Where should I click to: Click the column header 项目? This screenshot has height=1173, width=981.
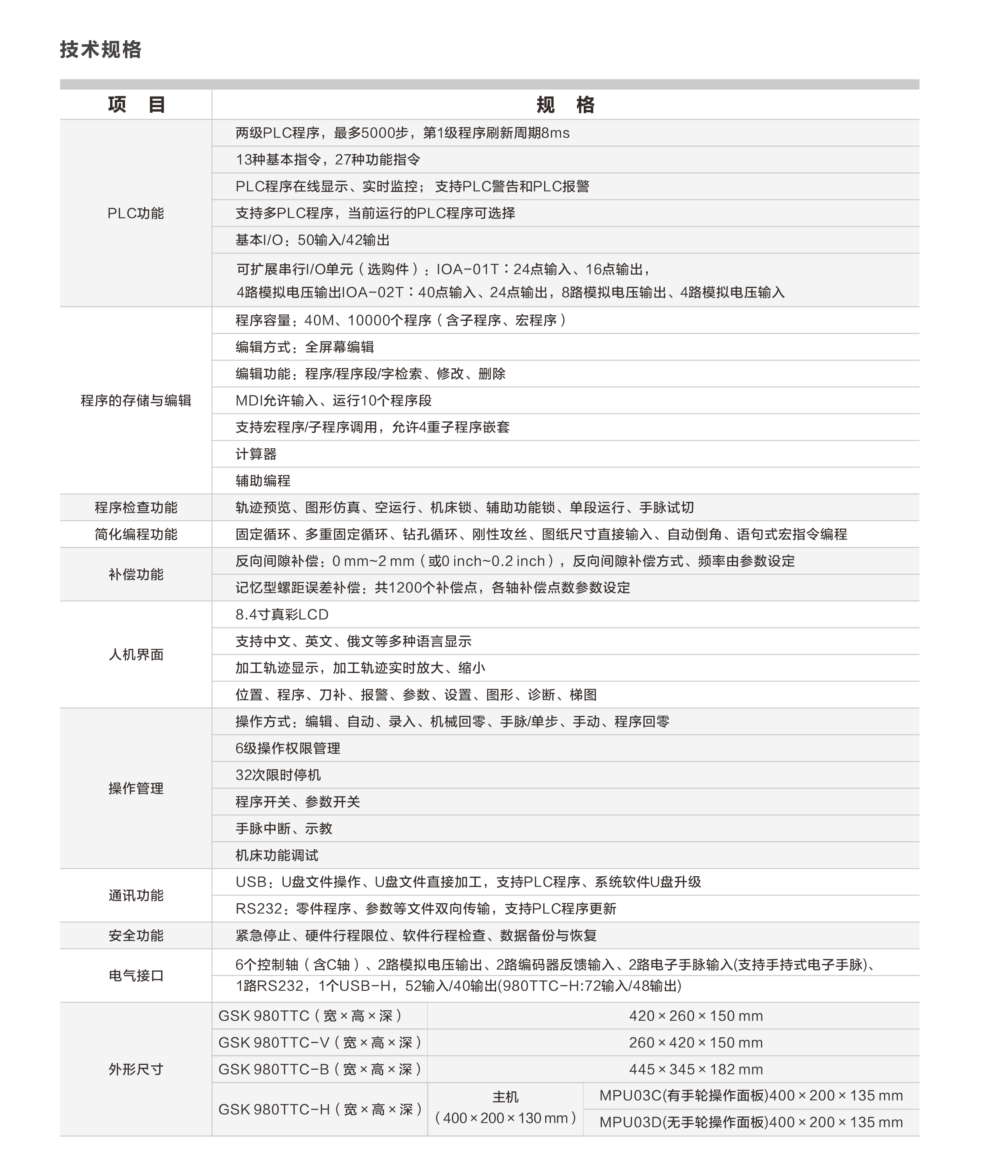[136, 104]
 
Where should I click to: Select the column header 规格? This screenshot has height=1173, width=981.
[565, 104]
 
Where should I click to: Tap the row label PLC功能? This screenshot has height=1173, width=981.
[136, 213]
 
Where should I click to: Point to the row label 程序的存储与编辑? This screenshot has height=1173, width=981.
[136, 400]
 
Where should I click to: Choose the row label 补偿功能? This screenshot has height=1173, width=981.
[136, 574]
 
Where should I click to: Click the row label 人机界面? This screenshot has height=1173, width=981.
[136, 655]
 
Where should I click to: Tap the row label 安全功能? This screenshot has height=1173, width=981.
[136, 936]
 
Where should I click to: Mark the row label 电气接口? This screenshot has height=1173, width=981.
[136, 976]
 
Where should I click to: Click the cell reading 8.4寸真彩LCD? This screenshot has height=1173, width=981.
[282, 614]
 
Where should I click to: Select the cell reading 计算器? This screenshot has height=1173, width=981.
[256, 454]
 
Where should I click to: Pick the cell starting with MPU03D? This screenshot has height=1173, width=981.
[751, 1122]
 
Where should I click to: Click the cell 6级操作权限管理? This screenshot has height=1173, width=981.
[288, 748]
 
